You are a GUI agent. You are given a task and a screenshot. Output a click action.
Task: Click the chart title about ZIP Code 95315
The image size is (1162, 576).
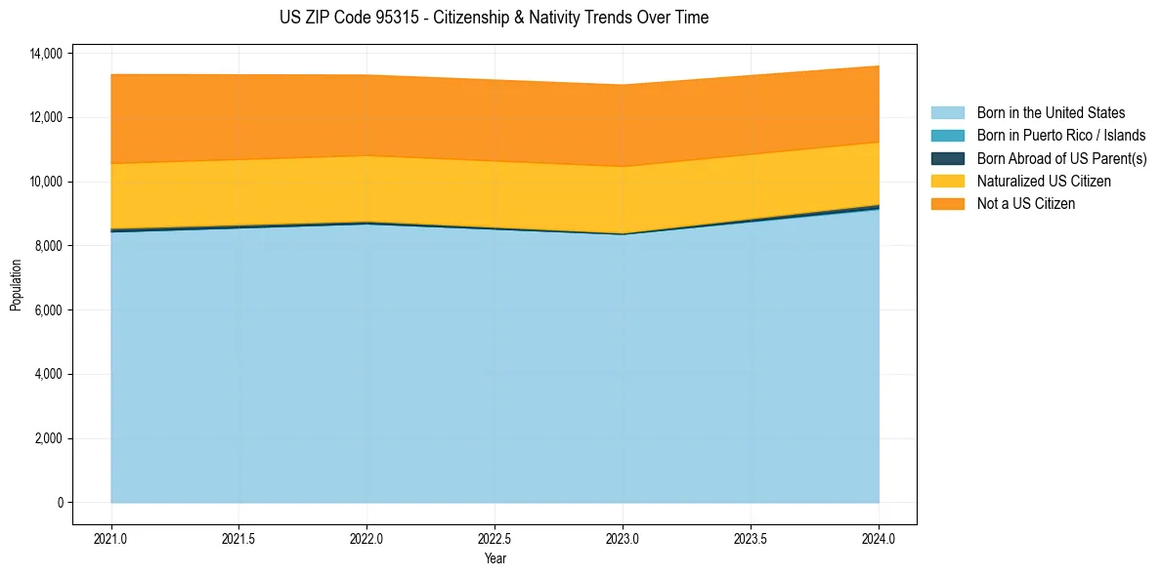point(494,18)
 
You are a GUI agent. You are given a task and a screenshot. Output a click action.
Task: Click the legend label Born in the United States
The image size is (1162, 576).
point(1051,113)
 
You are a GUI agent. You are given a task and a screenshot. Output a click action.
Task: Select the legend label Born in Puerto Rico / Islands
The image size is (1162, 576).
point(1061,136)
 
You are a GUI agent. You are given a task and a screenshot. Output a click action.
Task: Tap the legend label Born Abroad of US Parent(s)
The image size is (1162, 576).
point(1061,158)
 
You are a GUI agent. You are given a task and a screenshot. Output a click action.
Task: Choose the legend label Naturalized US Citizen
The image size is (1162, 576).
point(1044,181)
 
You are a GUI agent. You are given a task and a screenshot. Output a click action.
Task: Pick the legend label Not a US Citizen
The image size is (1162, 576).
point(1026,203)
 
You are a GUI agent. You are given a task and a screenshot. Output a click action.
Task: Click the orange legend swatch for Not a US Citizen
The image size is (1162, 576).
point(947,203)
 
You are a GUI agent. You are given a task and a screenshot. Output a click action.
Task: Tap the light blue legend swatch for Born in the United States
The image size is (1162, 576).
point(947,113)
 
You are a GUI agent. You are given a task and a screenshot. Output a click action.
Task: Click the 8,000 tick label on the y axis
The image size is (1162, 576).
point(48,246)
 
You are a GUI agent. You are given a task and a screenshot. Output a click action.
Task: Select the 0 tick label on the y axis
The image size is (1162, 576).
point(60,503)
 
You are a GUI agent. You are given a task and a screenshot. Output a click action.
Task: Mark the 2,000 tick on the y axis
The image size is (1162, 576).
point(48,438)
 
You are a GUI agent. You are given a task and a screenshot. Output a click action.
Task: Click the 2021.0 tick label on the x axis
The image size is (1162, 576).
point(111,538)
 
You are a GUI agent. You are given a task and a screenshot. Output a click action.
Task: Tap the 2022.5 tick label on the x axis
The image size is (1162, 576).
point(495,538)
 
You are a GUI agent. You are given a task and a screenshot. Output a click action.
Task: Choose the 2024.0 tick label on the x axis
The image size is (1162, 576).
point(879,538)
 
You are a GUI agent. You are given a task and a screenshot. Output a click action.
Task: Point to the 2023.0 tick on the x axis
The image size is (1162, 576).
point(623,538)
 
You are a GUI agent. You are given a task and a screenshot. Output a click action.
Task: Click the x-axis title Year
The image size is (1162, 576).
point(495,559)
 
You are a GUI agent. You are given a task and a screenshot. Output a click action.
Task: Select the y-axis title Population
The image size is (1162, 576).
point(16,285)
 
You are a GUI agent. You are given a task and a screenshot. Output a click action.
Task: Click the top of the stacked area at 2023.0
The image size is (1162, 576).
point(623,85)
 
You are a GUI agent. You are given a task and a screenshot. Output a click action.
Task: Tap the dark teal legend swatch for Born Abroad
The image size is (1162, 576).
point(947,158)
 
